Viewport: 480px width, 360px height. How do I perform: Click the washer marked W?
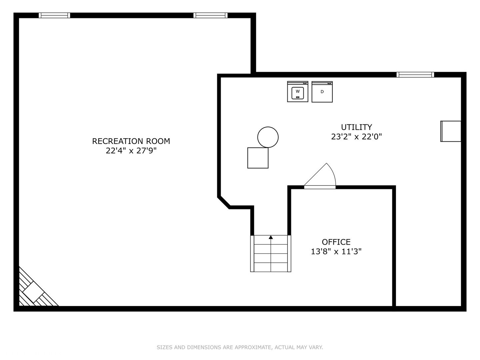coord(298,92)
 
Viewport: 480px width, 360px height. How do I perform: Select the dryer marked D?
coord(322,92)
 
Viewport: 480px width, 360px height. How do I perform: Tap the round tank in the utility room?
coord(268,137)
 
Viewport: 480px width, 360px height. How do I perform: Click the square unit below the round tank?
coord(258,158)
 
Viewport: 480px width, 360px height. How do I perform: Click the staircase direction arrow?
coord(271,237)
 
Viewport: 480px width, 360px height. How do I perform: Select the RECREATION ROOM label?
coord(131,141)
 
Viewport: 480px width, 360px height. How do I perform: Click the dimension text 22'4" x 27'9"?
coord(131,151)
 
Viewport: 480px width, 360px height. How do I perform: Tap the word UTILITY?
coord(356,127)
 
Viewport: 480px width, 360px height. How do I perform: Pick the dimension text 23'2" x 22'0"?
coord(356,137)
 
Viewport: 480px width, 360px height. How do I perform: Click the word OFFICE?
coord(336,242)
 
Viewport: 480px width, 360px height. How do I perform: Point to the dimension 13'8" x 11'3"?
coord(336,251)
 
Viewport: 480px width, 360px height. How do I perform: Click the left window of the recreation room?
coord(54,15)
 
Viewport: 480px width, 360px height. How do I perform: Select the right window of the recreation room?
coord(210,15)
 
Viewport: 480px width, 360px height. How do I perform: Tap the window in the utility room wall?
coord(415,75)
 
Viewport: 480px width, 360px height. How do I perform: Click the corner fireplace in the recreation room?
coord(33,291)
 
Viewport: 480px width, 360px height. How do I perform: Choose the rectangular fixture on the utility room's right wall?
coord(451,131)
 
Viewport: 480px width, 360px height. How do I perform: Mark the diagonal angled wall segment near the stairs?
coord(224,202)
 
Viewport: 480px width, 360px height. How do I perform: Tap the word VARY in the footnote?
coord(316,347)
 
